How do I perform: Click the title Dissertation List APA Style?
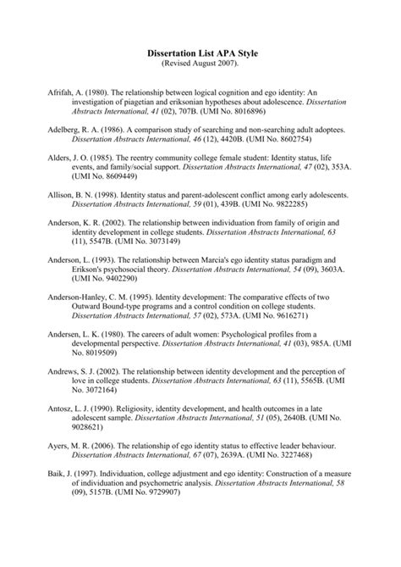click(200, 53)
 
